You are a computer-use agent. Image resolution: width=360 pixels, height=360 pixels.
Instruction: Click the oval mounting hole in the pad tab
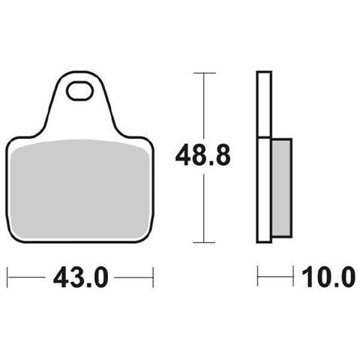coord(79,91)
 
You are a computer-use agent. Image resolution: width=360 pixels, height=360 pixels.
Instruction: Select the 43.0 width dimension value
coord(81,277)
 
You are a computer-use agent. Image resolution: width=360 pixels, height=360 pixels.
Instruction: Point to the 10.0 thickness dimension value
coord(328,277)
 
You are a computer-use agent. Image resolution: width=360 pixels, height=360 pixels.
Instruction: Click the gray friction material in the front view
coord(80,189)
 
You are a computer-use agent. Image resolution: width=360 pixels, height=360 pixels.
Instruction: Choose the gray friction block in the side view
coord(281,187)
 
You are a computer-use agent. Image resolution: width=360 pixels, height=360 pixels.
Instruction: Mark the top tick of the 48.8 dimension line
coord(205,73)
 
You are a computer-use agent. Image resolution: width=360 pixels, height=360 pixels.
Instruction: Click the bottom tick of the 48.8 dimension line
coord(204,242)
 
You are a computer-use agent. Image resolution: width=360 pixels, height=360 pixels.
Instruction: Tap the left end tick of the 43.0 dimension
coord(7,277)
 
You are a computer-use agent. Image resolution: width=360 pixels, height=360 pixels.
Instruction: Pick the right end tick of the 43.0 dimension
coord(153,277)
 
